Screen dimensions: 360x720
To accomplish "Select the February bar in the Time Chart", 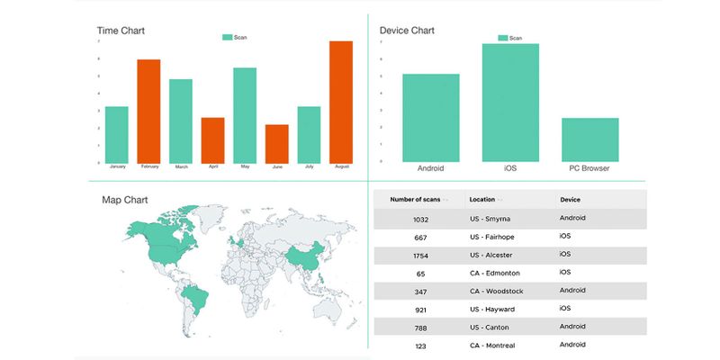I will [148, 112].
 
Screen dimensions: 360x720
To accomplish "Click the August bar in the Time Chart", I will [340, 103].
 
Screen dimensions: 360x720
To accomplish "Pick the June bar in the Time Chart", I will [276, 144].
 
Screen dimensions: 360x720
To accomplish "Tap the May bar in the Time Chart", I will [245, 115].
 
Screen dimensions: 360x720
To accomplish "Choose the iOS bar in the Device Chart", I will [510, 103].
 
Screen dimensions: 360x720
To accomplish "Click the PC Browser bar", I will [590, 139].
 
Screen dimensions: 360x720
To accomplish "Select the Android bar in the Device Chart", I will [430, 118].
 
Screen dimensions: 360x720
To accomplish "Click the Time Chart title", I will [121, 31].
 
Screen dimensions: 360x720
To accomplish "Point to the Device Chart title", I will [407, 31].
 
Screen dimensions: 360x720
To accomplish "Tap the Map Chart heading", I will [125, 200].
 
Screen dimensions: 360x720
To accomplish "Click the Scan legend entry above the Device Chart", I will [509, 38].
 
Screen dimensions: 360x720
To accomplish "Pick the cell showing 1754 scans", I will [420, 255].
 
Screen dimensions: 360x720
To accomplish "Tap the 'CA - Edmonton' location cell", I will [495, 273].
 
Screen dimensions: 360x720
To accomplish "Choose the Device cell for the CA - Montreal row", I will [573, 345].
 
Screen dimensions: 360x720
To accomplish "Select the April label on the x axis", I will [212, 167].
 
